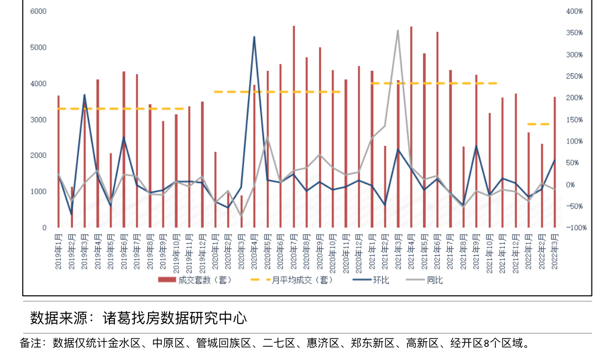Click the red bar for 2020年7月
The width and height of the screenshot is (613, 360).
(294, 127)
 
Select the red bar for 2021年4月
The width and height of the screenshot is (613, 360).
(411, 127)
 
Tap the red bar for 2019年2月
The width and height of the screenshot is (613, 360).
(72, 207)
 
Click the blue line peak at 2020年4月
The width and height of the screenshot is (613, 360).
(254, 37)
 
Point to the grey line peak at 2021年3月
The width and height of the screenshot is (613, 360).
(398, 31)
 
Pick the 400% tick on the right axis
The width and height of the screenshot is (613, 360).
(574, 11)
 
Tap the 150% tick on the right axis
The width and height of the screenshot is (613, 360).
(574, 119)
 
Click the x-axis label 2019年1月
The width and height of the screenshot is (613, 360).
(59, 251)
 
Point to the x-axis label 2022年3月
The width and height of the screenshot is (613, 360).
(555, 251)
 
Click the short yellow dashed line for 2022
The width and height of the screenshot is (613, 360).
(538, 124)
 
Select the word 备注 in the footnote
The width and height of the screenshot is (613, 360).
(31, 343)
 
